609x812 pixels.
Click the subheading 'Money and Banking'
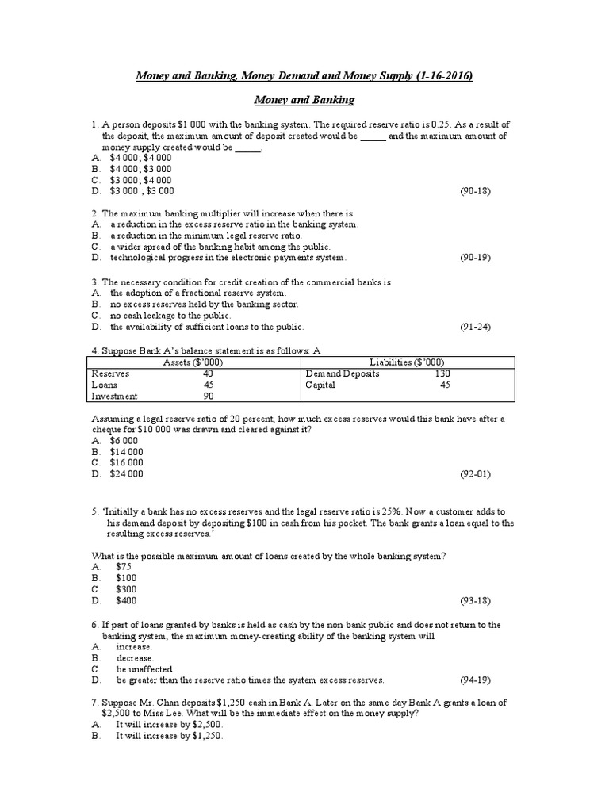click(x=304, y=100)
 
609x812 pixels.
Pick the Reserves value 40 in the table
click(x=208, y=373)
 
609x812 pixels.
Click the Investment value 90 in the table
click(x=208, y=396)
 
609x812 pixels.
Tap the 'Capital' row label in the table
click(x=320, y=385)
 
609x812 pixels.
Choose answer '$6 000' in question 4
click(x=124, y=440)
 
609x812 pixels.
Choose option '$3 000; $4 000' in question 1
click(x=140, y=180)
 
